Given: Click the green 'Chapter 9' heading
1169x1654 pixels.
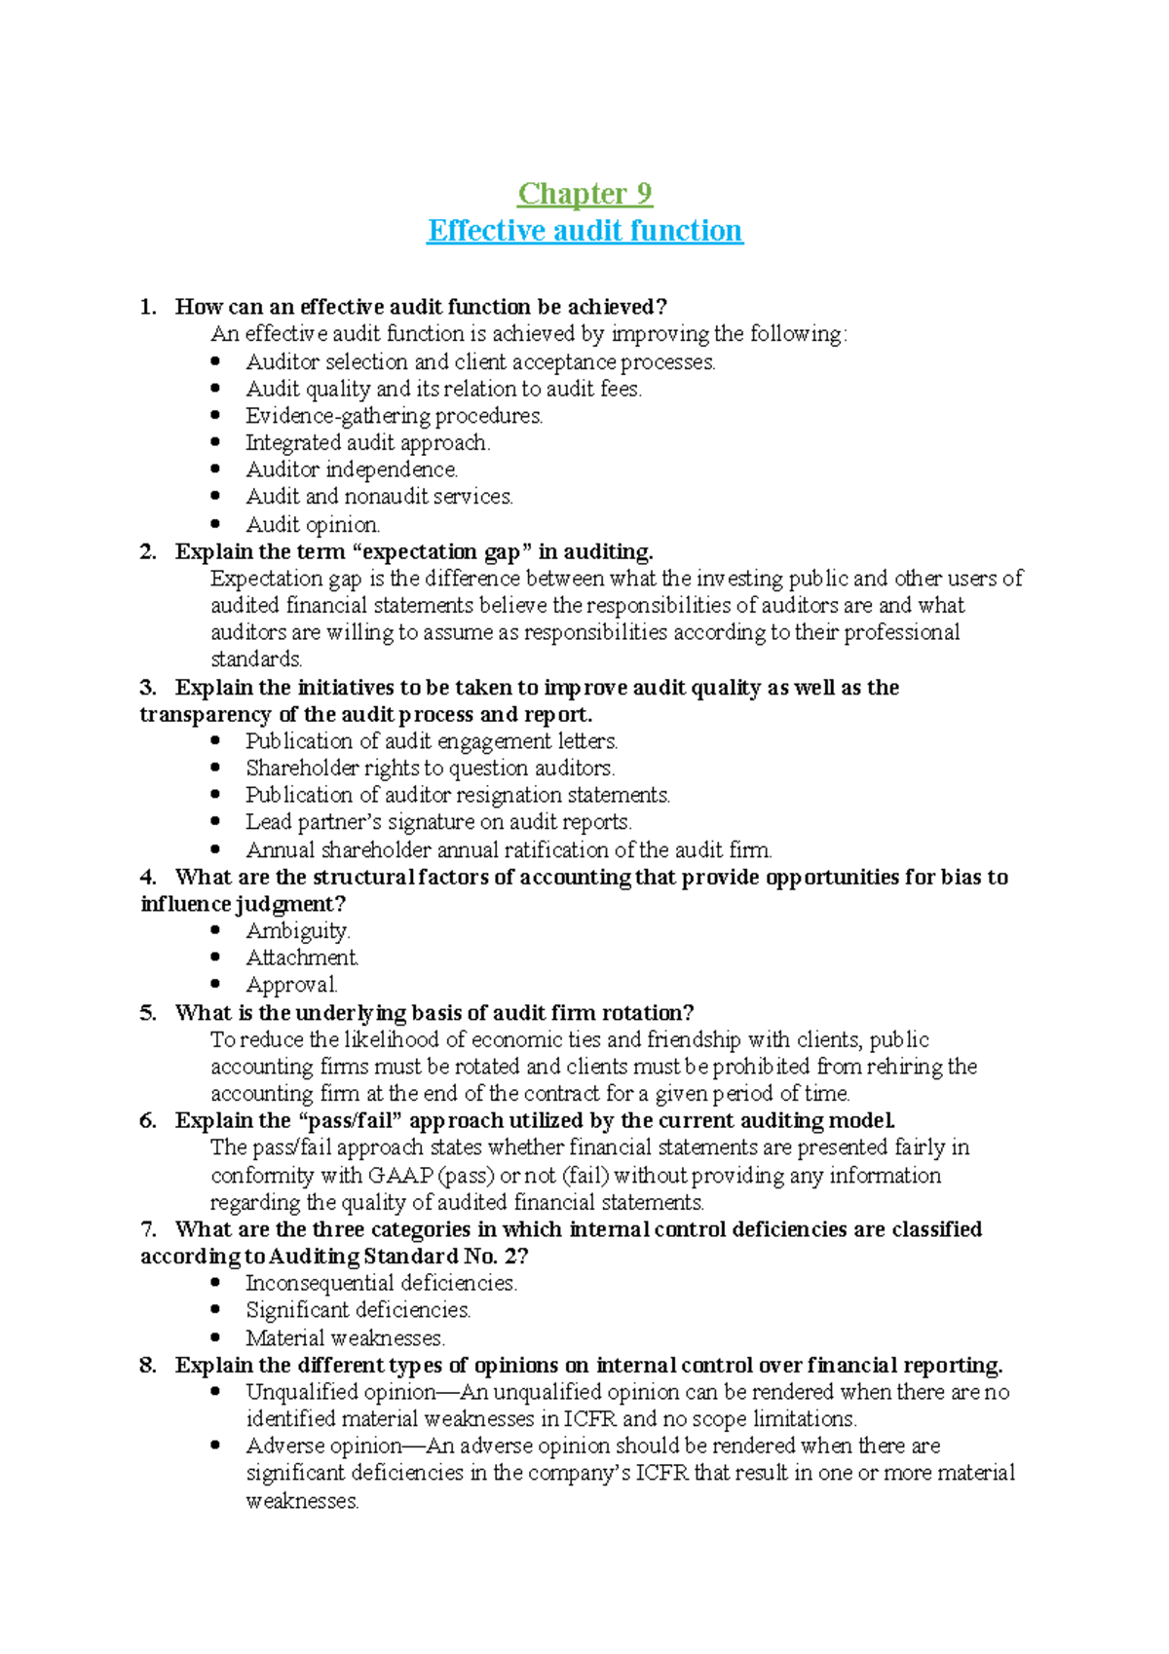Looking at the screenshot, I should coord(584,194).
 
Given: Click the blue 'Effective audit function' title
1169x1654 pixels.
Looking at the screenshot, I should coord(584,231).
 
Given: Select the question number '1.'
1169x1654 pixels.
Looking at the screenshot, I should coord(148,307).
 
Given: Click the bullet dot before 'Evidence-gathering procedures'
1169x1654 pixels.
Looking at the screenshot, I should coord(216,416).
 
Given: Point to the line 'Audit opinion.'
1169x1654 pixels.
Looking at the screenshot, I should coord(313,525).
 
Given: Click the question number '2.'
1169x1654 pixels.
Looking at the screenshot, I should coord(148,552).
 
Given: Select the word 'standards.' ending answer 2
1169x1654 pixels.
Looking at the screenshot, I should coord(256,659).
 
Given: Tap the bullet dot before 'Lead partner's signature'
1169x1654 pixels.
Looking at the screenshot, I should coord(216,822).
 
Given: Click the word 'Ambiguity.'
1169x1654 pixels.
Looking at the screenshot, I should coord(297,931).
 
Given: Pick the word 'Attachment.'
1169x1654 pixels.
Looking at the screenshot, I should coord(302,958).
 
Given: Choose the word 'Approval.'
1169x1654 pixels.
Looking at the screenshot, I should coord(291,985).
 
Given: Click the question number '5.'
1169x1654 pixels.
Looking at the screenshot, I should coord(148,1013).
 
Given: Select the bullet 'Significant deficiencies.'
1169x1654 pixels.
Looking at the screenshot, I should coord(358,1310).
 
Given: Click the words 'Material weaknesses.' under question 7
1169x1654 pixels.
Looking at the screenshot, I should coord(345,1338).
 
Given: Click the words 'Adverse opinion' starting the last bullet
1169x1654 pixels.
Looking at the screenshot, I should coord(323,1447).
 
